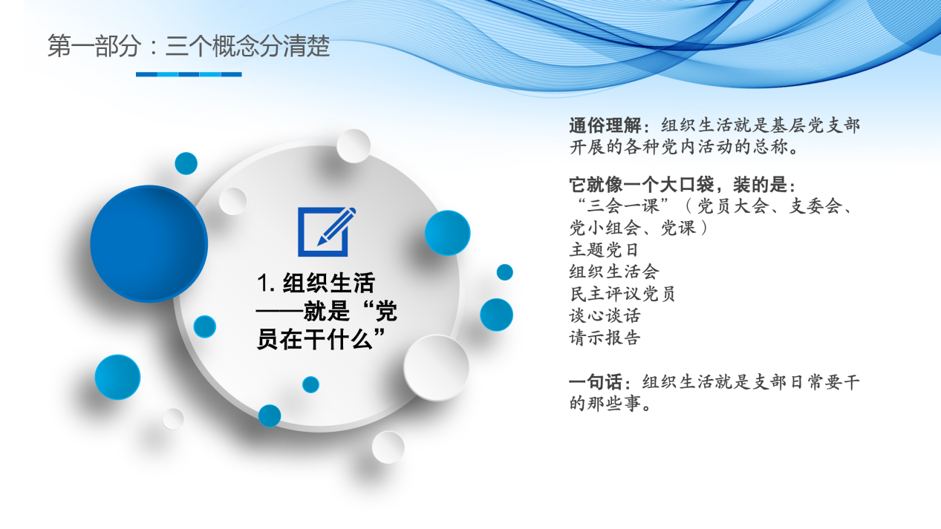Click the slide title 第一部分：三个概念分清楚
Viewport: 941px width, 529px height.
click(189, 47)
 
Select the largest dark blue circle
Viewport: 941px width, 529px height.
click(149, 243)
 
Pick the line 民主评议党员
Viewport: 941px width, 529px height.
click(622, 294)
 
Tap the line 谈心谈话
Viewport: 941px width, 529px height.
click(605, 315)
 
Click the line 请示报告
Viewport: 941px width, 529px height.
click(605, 338)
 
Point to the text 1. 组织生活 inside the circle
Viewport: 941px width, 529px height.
click(316, 283)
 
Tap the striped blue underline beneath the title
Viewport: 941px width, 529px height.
click(189, 74)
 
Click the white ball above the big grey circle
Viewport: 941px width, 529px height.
click(354, 145)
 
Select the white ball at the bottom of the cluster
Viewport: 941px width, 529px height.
click(388, 447)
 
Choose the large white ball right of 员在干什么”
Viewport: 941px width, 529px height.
click(436, 367)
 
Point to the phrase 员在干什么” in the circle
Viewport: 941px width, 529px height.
click(324, 341)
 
